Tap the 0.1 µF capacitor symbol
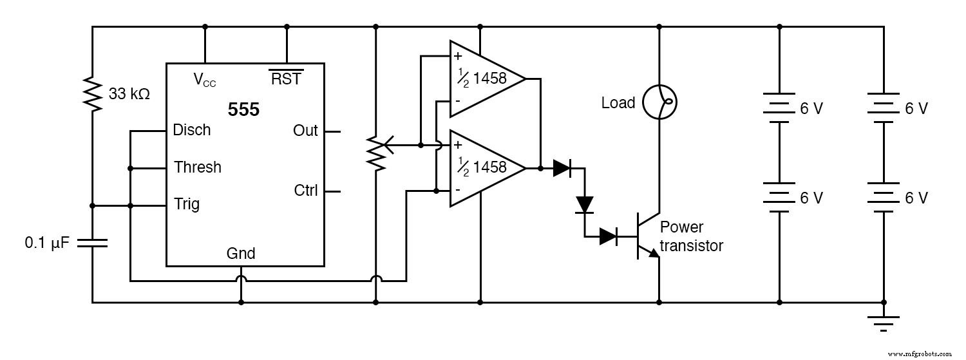click(93, 243)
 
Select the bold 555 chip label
click(243, 110)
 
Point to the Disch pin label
click(191, 130)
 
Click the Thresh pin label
click(197, 167)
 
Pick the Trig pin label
click(186, 205)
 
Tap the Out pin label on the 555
click(305, 131)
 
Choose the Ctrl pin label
click(306, 191)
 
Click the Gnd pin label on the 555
click(240, 254)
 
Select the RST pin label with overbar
click(286, 79)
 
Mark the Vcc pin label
click(205, 80)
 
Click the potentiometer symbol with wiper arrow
click(375, 153)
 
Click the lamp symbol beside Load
click(659, 102)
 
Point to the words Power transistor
click(691, 236)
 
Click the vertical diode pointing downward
click(584, 204)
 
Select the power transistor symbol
click(646, 236)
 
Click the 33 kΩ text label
click(129, 94)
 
